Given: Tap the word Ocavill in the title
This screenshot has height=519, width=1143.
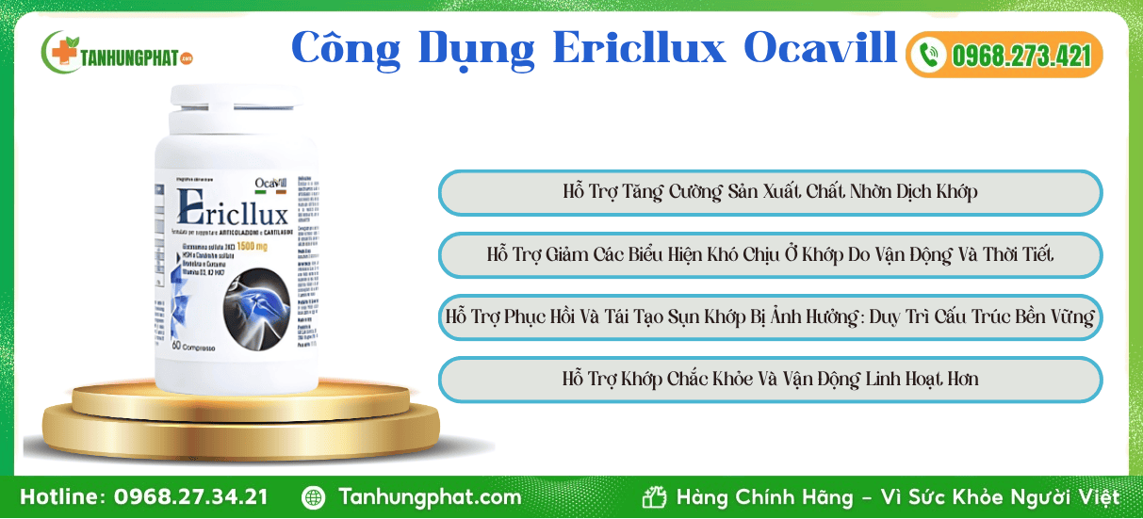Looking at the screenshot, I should [819, 48].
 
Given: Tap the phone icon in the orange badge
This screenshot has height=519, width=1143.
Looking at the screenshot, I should [930, 55].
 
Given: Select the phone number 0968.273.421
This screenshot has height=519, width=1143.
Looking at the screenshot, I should [1021, 56].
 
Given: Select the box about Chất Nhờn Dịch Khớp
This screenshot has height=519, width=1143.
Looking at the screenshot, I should [770, 192].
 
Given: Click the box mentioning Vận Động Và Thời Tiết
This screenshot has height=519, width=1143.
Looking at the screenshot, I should [770, 255].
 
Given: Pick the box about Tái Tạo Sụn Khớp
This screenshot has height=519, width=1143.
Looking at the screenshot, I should [770, 317].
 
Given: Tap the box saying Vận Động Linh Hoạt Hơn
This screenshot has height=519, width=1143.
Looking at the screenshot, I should [770, 380].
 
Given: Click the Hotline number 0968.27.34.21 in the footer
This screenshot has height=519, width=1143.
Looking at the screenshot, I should [190, 497].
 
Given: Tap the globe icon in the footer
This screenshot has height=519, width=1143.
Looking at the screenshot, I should [313, 497].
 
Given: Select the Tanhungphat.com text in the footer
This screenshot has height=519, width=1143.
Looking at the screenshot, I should [430, 497].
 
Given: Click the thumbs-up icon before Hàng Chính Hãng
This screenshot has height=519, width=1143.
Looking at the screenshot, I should [654, 497].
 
